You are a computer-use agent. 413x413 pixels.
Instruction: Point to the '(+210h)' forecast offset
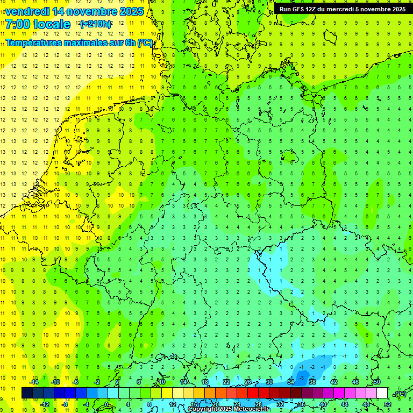pyautogui.click(x=95, y=24)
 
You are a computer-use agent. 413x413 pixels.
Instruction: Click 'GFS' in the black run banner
pyautogui.click(x=300, y=9)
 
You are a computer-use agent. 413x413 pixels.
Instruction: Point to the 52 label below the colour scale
pyautogui.click(x=388, y=404)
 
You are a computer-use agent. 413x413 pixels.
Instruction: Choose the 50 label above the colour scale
pyautogui.click(x=377, y=382)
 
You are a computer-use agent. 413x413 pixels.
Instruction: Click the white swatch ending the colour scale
pyautogui.click(x=382, y=393)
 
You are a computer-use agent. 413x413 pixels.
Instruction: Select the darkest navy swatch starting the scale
pyautogui.click(x=27, y=393)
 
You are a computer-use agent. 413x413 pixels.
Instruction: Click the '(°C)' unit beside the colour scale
pyautogui.click(x=400, y=394)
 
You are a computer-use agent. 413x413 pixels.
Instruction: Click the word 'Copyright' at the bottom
pyautogui.click(x=203, y=409)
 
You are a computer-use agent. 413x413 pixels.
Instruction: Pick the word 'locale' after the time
pyautogui.click(x=52, y=24)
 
